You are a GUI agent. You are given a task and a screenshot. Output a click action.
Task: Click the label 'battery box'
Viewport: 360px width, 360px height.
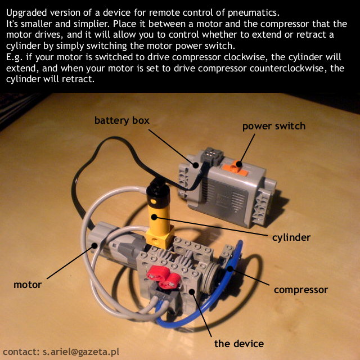[x=122, y=120]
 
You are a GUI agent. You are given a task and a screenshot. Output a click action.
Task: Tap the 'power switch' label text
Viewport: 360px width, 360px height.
[x=274, y=126]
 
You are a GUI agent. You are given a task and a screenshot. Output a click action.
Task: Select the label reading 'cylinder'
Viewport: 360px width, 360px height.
[x=291, y=237]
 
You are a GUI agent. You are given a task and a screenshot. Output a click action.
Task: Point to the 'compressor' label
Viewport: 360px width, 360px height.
[x=301, y=290]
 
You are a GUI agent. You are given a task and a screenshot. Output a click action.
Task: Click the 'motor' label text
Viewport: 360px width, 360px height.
[x=28, y=285]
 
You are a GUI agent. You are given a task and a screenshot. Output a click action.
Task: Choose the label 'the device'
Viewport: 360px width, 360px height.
[x=238, y=344]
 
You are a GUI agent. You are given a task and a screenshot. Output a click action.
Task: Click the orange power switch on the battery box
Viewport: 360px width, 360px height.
[x=235, y=168]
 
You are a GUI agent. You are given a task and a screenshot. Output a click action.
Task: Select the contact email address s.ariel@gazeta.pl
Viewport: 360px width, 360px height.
[x=81, y=352]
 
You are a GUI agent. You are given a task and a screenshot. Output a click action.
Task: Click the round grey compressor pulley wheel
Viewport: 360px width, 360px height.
[x=210, y=277]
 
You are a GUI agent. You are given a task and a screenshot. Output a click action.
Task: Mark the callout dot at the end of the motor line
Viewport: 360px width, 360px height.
[x=94, y=245]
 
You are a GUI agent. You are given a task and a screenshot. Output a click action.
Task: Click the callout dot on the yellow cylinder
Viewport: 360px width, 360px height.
[x=154, y=217]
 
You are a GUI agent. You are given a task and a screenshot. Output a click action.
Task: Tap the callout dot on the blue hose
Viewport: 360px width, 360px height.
[x=230, y=268]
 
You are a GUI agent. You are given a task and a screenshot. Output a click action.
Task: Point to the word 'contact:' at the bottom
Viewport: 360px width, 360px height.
[x=21, y=352]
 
